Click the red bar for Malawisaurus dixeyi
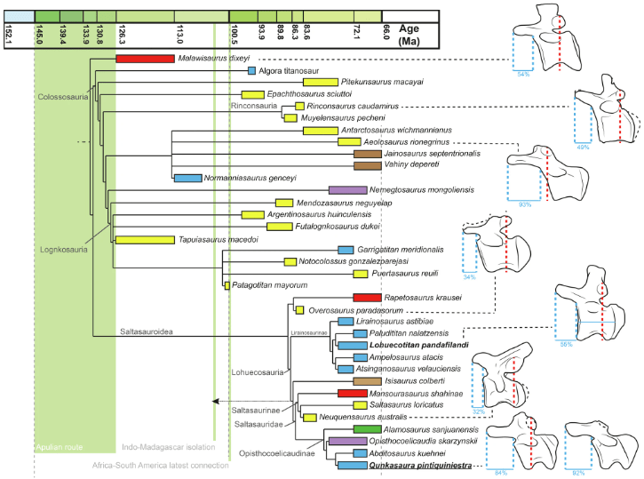pos(144,59)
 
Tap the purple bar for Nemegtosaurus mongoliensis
pos(347,190)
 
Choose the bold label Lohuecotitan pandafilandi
pos(407,344)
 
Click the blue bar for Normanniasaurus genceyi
pos(187,178)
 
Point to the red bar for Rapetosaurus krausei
pos(366,298)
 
